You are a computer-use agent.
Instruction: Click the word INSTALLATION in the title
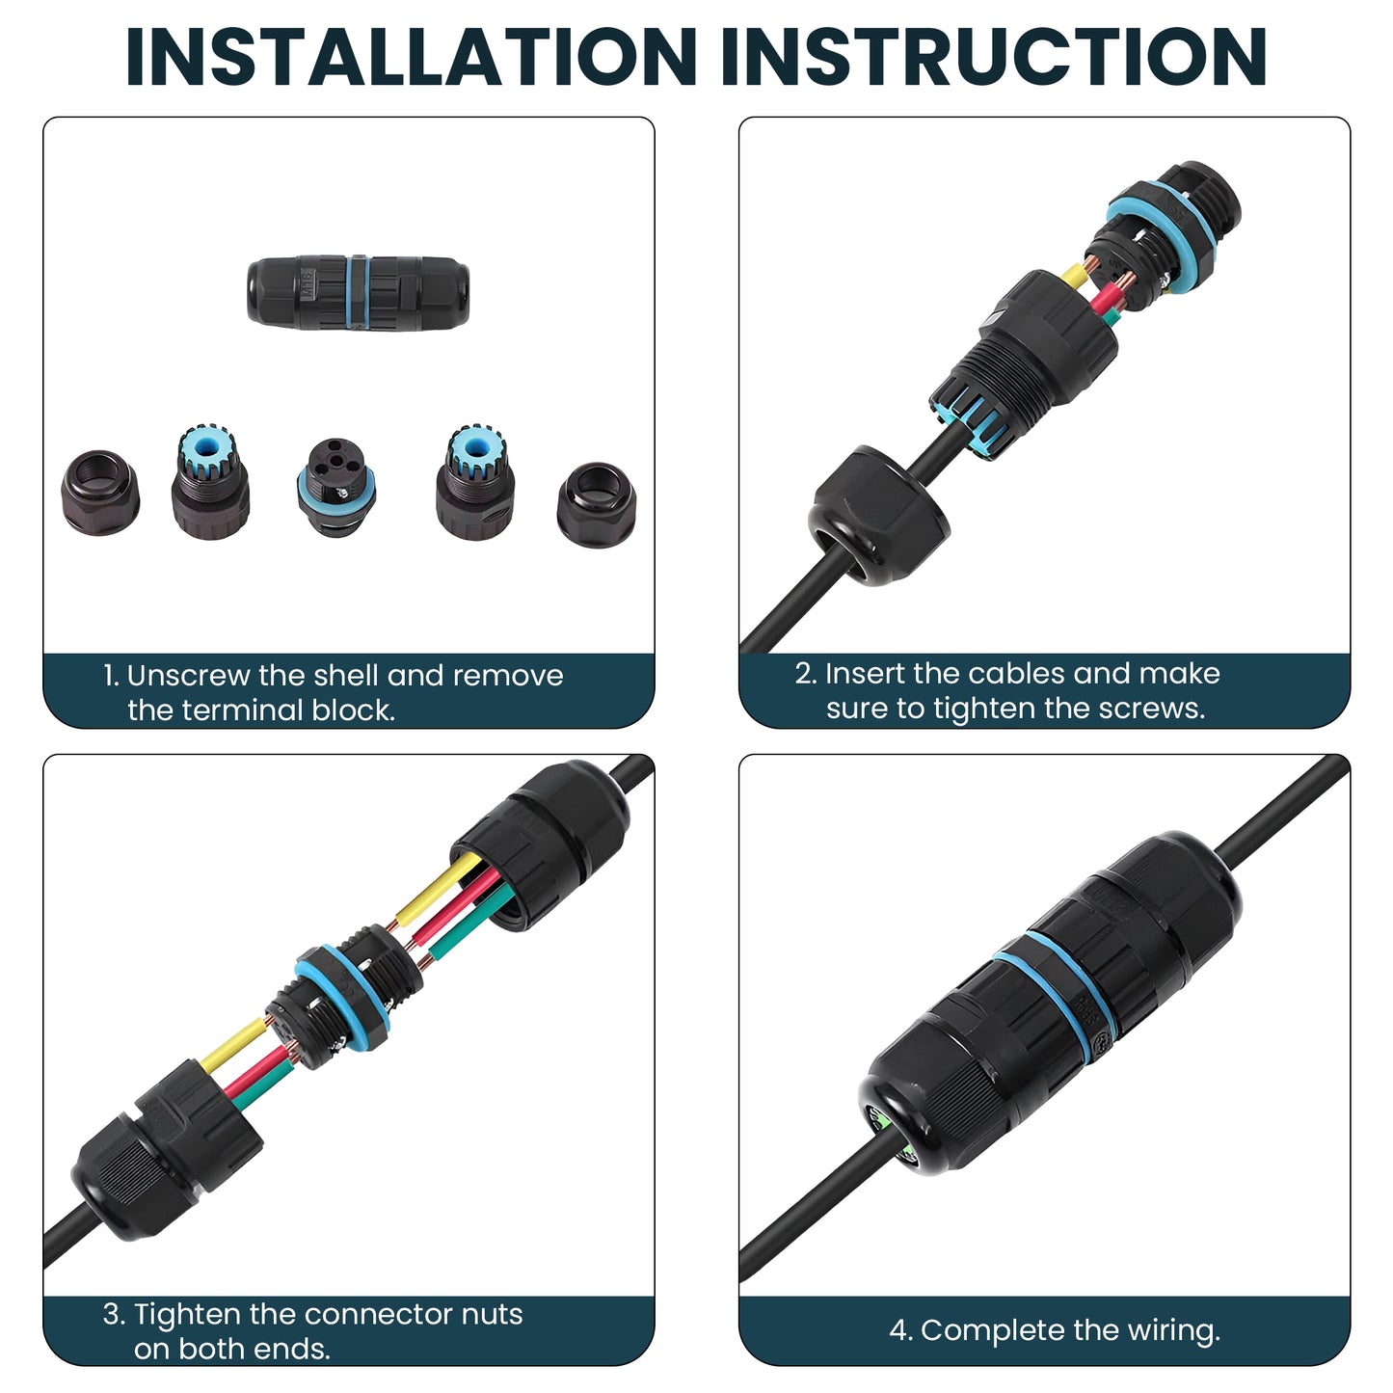[x=411, y=57]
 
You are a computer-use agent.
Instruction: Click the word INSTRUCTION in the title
[x=994, y=57]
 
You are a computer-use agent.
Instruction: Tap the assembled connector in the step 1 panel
[x=358, y=292]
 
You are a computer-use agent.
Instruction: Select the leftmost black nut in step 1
[x=99, y=493]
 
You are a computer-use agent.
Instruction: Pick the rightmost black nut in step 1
[x=597, y=504]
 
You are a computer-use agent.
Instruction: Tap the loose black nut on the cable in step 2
[x=879, y=515]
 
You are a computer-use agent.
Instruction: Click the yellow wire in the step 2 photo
[x=1074, y=275]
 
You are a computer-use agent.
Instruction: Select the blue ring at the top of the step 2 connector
[x=1163, y=236]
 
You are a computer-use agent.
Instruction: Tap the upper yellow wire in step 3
[x=438, y=889]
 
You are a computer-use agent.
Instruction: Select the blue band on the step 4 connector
[x=1054, y=996]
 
